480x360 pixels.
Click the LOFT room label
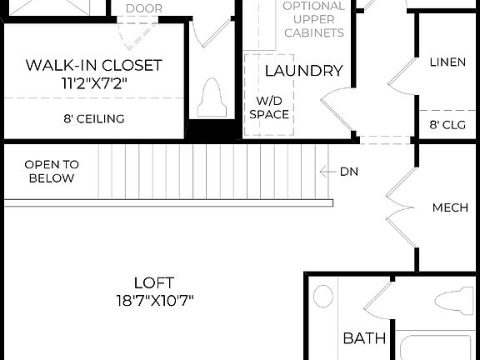click(153, 282)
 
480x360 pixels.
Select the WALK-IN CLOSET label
click(93, 65)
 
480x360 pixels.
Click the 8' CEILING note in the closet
click(93, 119)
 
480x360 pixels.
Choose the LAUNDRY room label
click(303, 71)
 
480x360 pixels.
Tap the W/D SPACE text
click(268, 107)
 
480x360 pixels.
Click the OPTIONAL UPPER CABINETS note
click(313, 19)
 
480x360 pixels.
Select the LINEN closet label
click(447, 62)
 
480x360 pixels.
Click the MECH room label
click(450, 207)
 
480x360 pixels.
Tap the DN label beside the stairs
click(349, 172)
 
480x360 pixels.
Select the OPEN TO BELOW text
click(52, 171)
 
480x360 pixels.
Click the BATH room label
click(365, 338)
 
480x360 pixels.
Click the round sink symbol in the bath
click(324, 297)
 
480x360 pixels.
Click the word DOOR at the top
click(144, 8)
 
